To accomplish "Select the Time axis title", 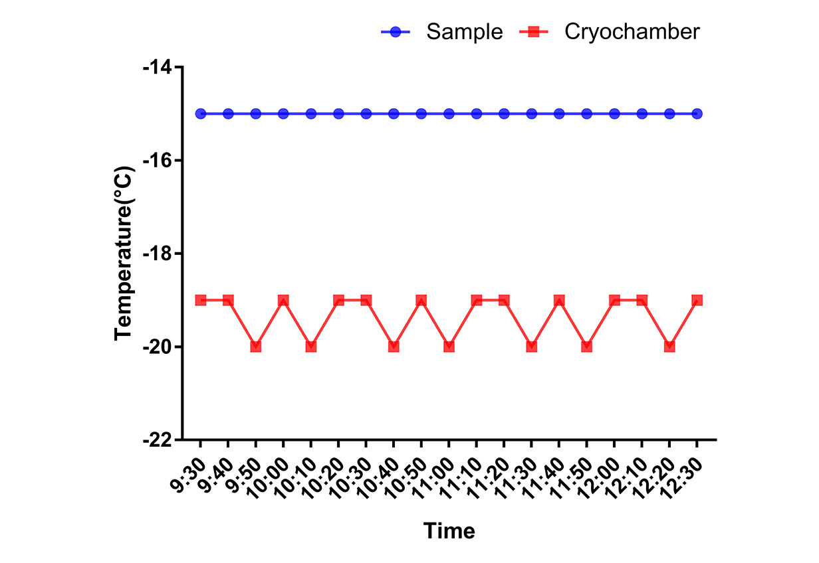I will pos(449,531).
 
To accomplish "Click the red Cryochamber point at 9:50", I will pos(256,347).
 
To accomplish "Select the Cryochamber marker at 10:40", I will pos(394,347).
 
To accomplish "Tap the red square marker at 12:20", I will pos(669,347).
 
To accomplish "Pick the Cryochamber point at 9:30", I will pos(201,300).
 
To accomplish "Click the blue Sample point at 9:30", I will pos(201,114).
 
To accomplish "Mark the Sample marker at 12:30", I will pos(697,114).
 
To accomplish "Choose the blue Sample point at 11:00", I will pos(449,114).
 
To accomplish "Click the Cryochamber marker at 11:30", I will pos(532,347).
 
